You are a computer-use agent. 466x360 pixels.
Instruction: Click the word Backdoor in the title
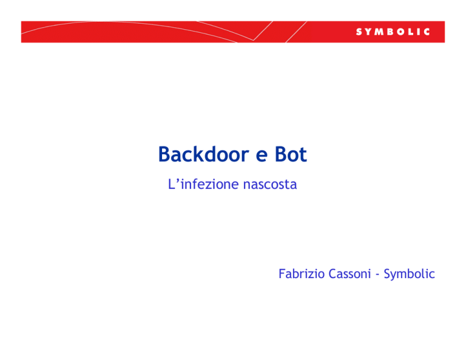204,154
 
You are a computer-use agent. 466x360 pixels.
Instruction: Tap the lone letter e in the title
262,157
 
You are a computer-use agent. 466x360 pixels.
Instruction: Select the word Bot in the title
291,154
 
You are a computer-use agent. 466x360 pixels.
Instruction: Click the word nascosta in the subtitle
270,185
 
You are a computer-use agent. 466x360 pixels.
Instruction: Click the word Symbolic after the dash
409,274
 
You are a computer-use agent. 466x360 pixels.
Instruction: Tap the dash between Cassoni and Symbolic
377,275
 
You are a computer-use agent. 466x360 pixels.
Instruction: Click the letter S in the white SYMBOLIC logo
359,32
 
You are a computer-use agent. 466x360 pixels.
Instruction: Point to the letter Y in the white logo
369,32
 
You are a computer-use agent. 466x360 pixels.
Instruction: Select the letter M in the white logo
380,32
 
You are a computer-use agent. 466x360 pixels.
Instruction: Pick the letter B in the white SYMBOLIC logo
391,32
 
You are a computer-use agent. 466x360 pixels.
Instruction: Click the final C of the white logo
427,32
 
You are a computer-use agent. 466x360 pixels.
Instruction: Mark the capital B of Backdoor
164,154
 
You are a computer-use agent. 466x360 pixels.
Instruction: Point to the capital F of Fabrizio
282,274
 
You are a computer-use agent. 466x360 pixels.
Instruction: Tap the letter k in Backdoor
203,154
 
